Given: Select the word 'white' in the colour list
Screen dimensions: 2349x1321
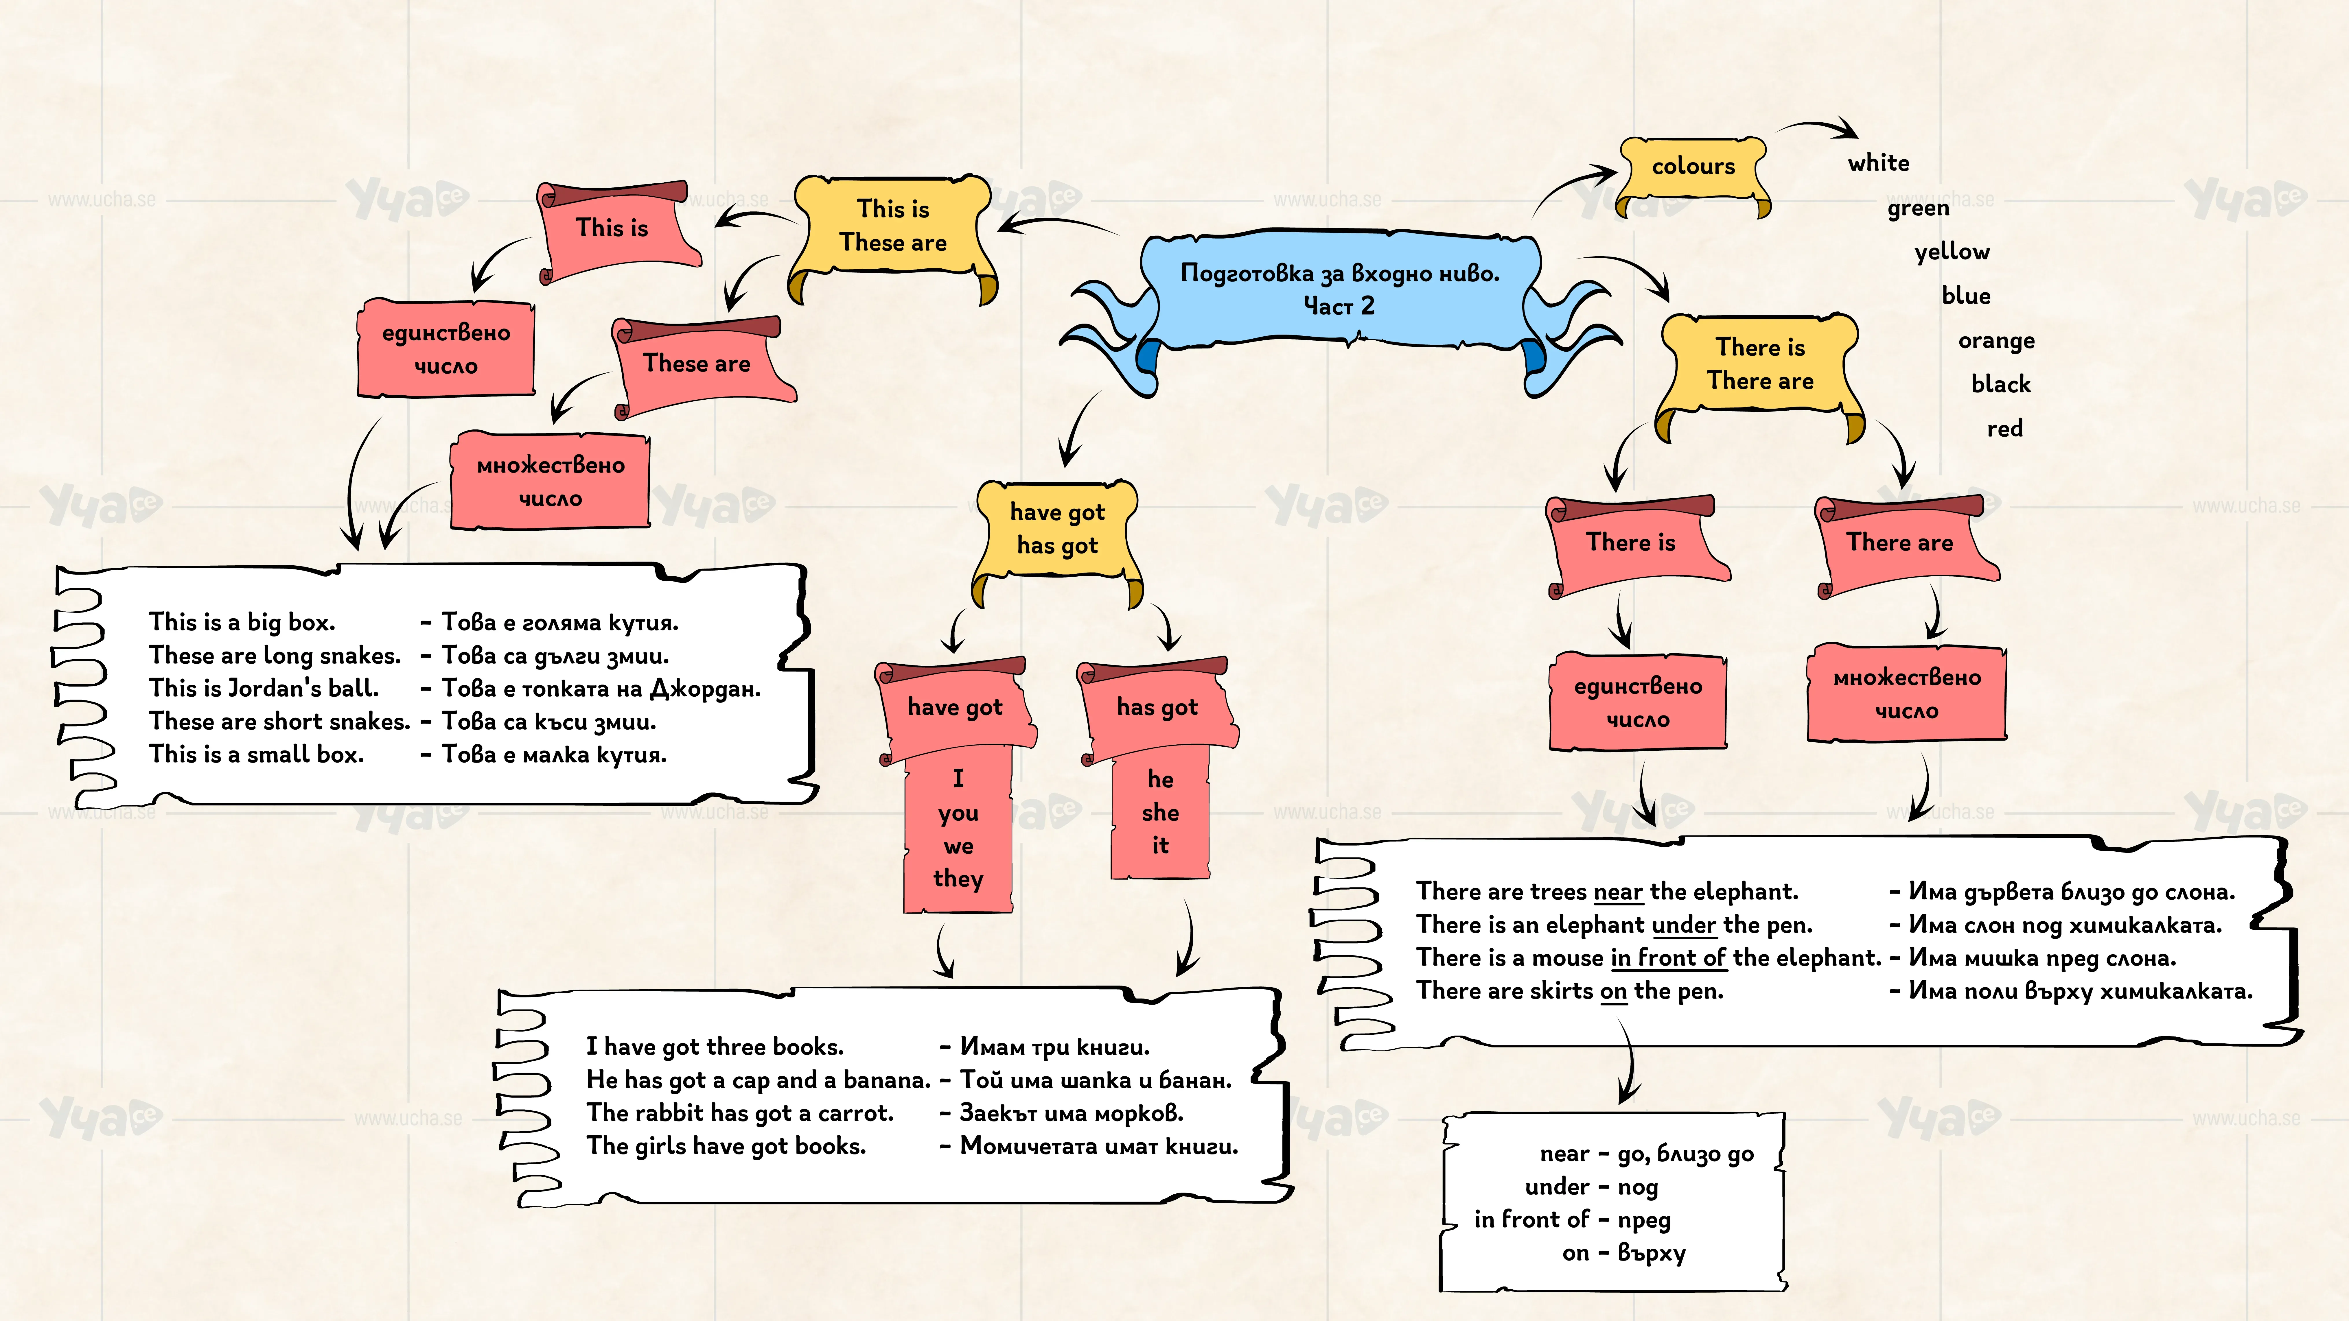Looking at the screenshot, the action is click(x=1878, y=163).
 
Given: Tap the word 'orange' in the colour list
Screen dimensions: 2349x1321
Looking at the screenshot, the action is click(x=1996, y=341).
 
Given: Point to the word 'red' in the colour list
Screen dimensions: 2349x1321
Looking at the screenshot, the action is click(x=2004, y=429).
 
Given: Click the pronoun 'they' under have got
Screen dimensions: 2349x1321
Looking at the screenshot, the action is click(x=958, y=879).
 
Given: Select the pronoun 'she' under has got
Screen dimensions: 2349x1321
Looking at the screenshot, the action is click(x=1160, y=812).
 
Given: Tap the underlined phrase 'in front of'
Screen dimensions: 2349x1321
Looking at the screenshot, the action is click(x=1668, y=958).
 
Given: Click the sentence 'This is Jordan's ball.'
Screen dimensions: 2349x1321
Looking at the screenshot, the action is click(x=264, y=688).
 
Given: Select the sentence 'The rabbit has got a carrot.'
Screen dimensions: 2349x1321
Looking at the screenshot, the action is click(x=739, y=1113).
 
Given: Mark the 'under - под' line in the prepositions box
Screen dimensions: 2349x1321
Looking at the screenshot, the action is click(x=1591, y=1187).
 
